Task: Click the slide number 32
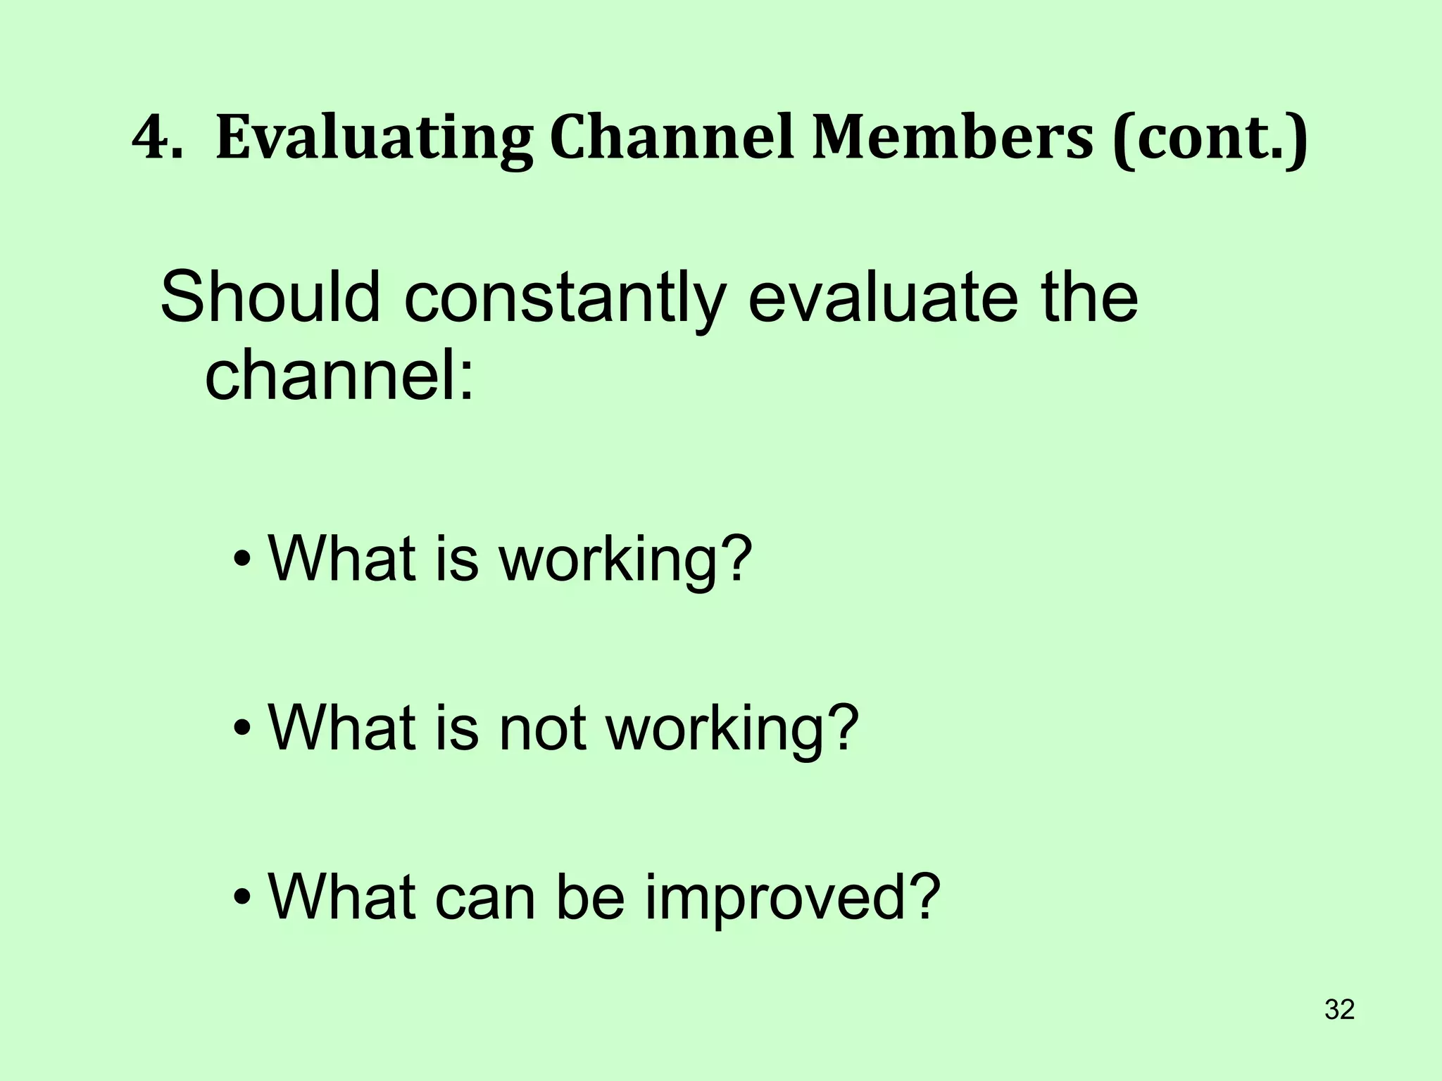point(1339,1010)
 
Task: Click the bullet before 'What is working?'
point(242,560)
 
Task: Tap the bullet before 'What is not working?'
point(242,728)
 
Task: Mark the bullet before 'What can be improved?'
point(242,898)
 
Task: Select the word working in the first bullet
point(624,560)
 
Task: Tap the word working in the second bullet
point(732,728)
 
